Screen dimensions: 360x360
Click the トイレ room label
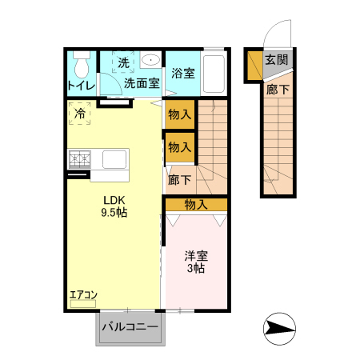click(x=81, y=85)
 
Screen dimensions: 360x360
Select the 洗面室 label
click(x=141, y=83)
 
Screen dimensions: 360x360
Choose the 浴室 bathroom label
click(x=183, y=73)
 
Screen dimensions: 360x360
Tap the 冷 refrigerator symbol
click(x=80, y=114)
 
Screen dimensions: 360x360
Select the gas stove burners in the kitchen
click(x=80, y=158)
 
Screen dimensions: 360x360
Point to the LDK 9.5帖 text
click(x=114, y=206)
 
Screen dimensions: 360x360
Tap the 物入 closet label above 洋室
click(x=196, y=205)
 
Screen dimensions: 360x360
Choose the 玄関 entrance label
click(x=277, y=59)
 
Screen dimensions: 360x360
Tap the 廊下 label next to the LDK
click(x=179, y=180)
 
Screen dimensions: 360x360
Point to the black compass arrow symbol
click(x=279, y=328)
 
